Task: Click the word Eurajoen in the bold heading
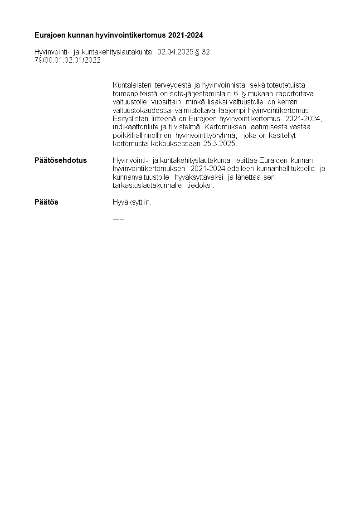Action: click(49, 35)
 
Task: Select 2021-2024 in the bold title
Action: click(186, 35)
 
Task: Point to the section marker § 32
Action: click(202, 52)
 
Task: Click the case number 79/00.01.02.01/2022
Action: click(68, 60)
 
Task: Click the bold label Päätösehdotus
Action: click(61, 161)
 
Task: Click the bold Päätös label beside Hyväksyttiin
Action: click(46, 202)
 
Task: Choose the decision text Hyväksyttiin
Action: click(132, 202)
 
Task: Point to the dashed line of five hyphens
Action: click(118, 220)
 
